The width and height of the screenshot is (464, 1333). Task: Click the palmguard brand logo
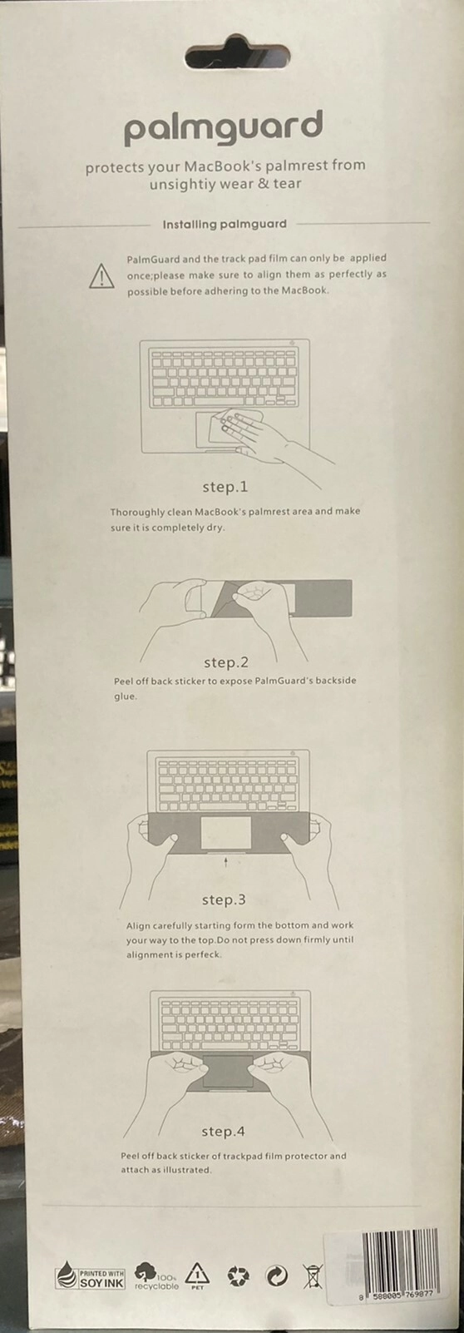[223, 127]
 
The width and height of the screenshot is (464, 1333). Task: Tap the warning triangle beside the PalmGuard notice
[101, 277]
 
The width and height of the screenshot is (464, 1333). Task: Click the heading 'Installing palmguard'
[225, 225]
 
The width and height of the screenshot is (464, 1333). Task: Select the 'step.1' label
[225, 487]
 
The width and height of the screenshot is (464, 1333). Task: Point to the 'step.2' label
[226, 662]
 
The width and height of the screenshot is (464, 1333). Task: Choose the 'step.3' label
[224, 899]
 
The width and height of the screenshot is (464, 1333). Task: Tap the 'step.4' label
[223, 1132]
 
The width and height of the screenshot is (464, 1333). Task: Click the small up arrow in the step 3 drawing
[225, 862]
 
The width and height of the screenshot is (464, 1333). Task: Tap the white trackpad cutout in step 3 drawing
[225, 833]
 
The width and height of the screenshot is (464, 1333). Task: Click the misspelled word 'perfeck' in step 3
[203, 955]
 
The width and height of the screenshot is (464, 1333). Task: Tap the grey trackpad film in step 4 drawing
[229, 1073]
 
